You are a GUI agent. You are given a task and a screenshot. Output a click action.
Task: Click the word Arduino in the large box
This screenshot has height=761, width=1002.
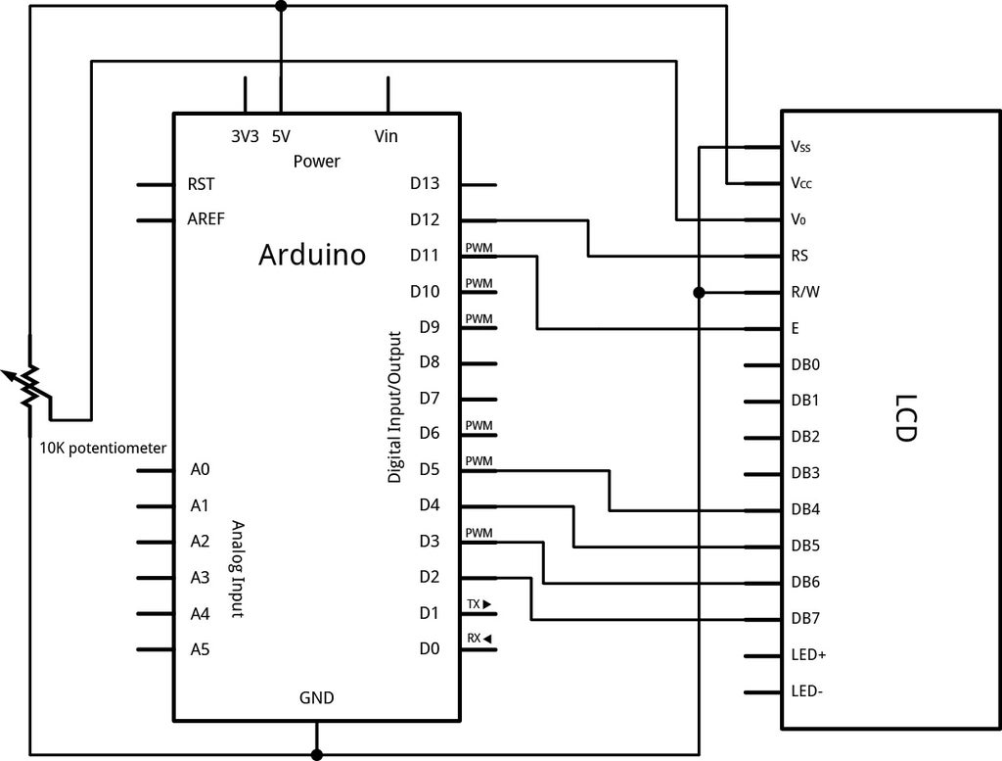[x=312, y=255]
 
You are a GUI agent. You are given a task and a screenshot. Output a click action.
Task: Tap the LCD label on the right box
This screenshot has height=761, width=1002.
[x=905, y=419]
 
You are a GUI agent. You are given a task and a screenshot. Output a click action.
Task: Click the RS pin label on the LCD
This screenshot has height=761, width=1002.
[x=799, y=257]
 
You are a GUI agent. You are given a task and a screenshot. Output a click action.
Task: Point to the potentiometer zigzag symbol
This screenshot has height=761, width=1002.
[x=31, y=383]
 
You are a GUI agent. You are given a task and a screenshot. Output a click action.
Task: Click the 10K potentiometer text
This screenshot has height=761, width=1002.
[x=103, y=448]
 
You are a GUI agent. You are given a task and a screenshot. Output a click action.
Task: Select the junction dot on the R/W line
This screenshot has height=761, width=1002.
[x=699, y=293]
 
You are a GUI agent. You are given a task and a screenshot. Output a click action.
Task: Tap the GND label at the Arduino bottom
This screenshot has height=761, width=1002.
[x=316, y=698]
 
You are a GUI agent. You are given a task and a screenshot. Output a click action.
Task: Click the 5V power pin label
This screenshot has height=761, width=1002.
[x=281, y=137]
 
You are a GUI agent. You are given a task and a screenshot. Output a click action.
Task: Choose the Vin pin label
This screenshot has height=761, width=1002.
[x=387, y=137]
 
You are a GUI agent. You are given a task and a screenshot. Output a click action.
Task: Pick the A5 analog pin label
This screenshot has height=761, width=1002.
[x=200, y=648]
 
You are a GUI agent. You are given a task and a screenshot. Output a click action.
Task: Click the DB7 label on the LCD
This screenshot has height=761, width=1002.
[x=805, y=619]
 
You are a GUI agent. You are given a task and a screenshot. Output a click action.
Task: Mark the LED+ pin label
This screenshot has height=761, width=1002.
[x=808, y=654]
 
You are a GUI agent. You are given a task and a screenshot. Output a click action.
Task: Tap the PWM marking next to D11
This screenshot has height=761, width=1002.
[x=478, y=248]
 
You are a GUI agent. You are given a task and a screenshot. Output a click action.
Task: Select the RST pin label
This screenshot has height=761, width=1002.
[x=201, y=184]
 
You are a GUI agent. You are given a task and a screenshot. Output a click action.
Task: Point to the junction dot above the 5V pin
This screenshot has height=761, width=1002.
[x=281, y=6]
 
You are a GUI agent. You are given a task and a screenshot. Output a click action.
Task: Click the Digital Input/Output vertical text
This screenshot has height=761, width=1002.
[x=395, y=406]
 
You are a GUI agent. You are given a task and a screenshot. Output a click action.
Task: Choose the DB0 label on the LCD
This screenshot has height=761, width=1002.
[x=805, y=365]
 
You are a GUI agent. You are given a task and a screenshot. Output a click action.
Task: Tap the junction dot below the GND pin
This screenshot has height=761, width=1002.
[x=316, y=754]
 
